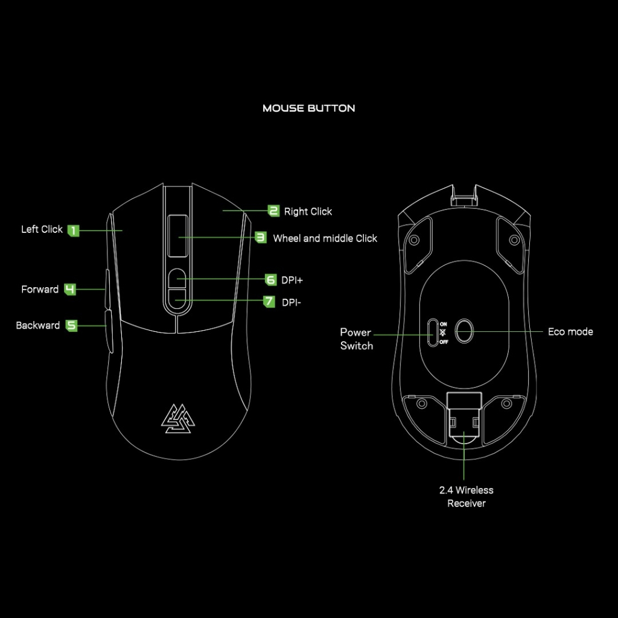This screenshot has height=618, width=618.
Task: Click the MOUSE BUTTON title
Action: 308,109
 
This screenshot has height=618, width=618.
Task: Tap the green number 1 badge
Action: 73,230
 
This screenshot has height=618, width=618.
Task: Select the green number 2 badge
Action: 274,211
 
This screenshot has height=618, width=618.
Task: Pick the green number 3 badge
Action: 261,238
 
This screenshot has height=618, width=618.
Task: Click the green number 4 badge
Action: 70,290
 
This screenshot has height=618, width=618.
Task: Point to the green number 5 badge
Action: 71,325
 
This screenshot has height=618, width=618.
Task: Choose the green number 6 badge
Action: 271,279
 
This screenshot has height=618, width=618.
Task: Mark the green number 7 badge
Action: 269,301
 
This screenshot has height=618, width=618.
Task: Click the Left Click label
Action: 42,229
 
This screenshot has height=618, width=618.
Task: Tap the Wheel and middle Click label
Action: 325,238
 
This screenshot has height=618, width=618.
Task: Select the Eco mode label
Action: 570,331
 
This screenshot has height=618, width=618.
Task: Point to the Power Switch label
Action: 356,339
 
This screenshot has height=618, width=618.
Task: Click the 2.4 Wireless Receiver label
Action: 466,497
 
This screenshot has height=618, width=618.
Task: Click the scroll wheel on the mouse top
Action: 177,235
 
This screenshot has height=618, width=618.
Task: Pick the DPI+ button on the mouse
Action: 177,278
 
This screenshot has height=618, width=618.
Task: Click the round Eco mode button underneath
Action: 464,331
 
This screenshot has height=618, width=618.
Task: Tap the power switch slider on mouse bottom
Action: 432,332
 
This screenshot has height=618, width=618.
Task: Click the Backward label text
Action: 37,325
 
